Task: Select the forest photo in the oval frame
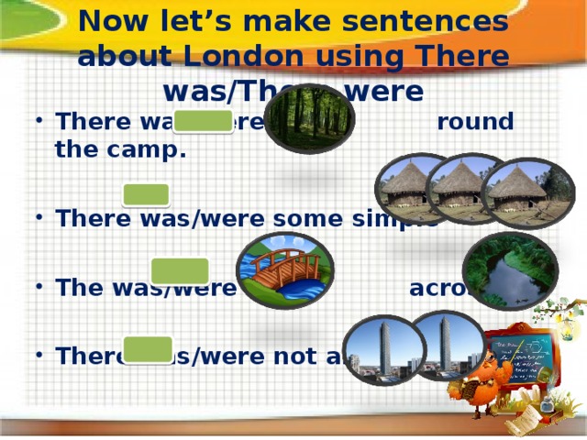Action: [309, 117]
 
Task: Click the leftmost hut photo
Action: [409, 187]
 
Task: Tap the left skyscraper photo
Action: [382, 350]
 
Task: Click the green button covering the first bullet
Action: [204, 122]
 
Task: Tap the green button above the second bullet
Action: [147, 194]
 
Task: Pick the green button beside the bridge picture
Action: [180, 270]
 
